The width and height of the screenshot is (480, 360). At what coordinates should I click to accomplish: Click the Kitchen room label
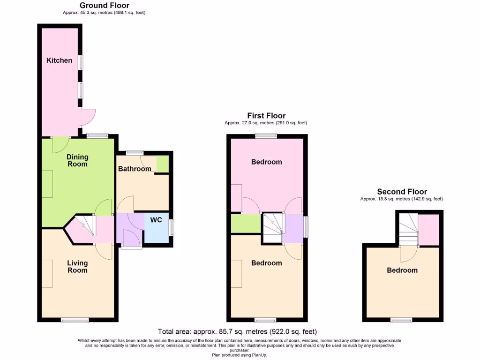[59, 60]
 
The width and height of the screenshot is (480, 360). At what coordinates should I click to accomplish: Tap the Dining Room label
[77, 161]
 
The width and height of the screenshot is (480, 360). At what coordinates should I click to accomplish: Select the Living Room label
[77, 266]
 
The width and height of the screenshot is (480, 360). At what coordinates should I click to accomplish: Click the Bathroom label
[135, 169]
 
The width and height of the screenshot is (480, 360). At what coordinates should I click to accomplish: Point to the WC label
[156, 219]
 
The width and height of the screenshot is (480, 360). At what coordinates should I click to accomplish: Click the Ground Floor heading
[104, 6]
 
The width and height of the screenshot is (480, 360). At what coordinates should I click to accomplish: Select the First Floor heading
[266, 116]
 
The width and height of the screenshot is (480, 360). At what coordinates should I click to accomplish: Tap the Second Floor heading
[402, 192]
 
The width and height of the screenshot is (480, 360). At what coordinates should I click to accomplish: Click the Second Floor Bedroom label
[402, 270]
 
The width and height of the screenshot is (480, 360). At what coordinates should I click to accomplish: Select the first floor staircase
[273, 228]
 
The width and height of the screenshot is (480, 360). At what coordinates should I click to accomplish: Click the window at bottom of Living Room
[75, 321]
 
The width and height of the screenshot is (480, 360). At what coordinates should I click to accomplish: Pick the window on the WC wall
[171, 228]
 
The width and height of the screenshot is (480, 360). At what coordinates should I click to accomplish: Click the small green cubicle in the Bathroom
[162, 164]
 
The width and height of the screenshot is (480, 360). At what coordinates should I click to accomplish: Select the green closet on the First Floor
[246, 223]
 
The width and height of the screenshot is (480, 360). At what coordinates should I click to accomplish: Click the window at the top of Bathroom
[135, 152]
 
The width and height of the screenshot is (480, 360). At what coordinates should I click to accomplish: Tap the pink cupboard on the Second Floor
[428, 230]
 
